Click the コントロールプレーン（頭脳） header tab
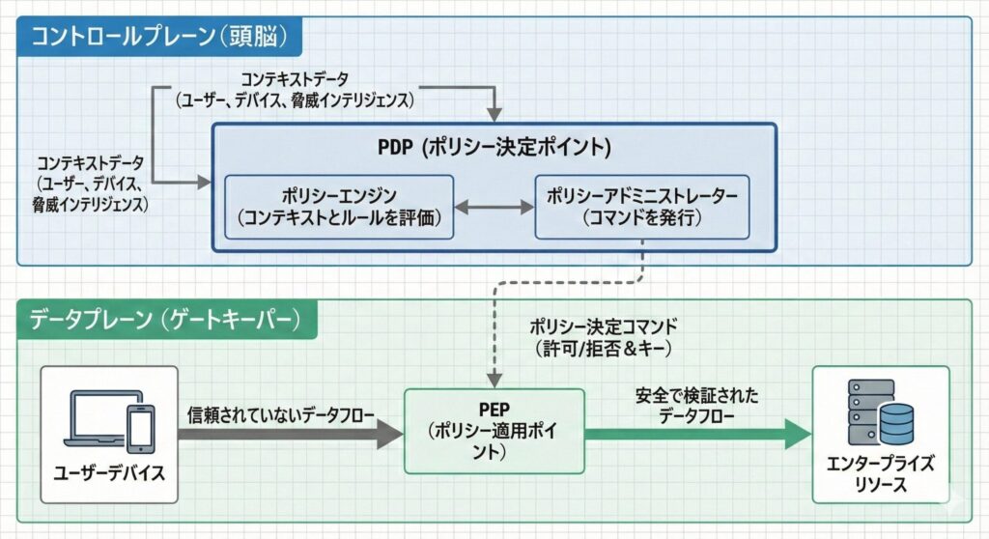click(x=160, y=38)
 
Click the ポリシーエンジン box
click(x=339, y=207)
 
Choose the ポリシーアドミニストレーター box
click(x=642, y=207)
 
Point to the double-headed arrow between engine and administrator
click(x=494, y=207)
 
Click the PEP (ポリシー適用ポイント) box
click(x=494, y=430)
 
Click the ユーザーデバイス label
click(x=109, y=474)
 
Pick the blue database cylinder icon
click(x=898, y=421)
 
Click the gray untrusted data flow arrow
click(x=290, y=435)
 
